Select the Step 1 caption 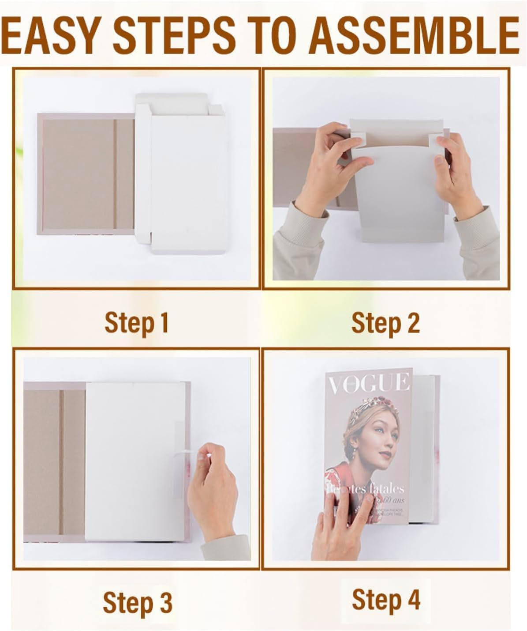point(136,323)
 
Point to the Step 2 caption point(385,323)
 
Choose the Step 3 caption point(137,602)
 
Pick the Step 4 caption point(386,600)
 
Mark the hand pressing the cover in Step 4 point(342,525)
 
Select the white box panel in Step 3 point(132,459)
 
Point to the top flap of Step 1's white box point(172,99)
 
